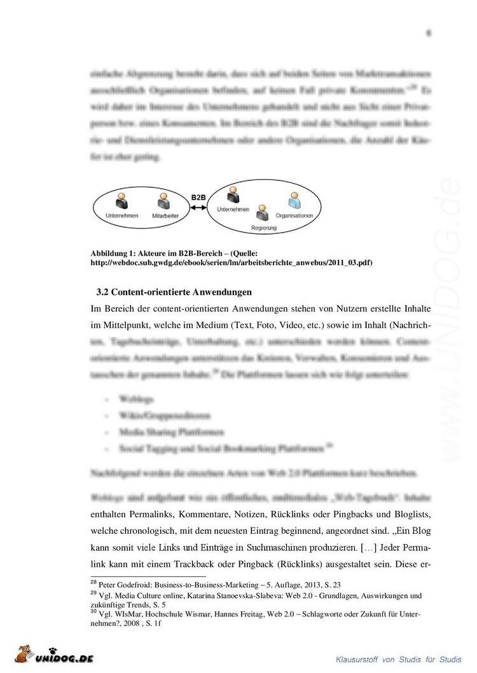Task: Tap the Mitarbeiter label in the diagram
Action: click(x=165, y=216)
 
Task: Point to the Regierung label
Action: click(x=263, y=227)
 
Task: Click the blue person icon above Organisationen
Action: click(x=294, y=203)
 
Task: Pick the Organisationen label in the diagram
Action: click(x=294, y=216)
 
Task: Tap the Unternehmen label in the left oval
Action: click(x=120, y=216)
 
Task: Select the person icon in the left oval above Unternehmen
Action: click(x=121, y=202)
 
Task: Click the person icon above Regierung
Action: click(x=261, y=213)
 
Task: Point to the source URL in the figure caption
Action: click(x=232, y=262)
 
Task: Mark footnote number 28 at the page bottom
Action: click(x=95, y=582)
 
